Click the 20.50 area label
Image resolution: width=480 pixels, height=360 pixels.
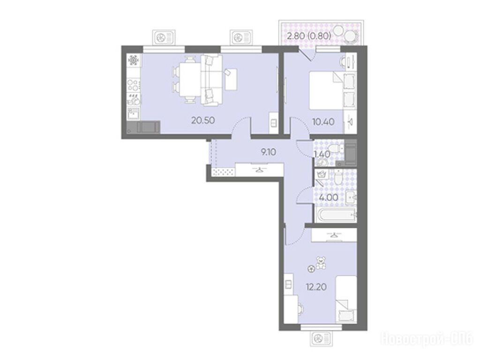pyautogui.click(x=203, y=120)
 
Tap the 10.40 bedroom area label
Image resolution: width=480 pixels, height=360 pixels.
pyautogui.click(x=323, y=122)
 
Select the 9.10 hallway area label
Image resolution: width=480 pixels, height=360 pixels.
pyautogui.click(x=269, y=152)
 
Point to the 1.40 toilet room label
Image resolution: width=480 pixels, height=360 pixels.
pyautogui.click(x=322, y=154)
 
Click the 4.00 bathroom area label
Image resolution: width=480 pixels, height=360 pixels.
pyautogui.click(x=329, y=197)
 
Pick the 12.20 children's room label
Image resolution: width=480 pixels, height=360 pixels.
pyautogui.click(x=316, y=287)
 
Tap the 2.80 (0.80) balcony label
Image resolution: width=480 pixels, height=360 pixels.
pyautogui.click(x=309, y=36)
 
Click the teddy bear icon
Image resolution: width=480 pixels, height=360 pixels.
pyautogui.click(x=321, y=262)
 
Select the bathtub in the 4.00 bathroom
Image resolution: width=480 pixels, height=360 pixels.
pyautogui.click(x=336, y=215)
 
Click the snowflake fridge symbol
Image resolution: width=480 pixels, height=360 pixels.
pyautogui.click(x=134, y=60)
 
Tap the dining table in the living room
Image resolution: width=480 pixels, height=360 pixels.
pyautogui.click(x=190, y=79)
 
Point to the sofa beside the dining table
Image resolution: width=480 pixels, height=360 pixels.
pyautogui.click(x=211, y=80)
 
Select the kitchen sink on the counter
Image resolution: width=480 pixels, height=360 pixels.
pyautogui.click(x=134, y=113)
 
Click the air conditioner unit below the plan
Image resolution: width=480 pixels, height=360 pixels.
pyautogui.click(x=321, y=339)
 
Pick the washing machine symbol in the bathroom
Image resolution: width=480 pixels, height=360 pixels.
pyautogui.click(x=322, y=175)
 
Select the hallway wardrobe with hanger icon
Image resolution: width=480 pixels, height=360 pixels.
pyautogui.click(x=259, y=169)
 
